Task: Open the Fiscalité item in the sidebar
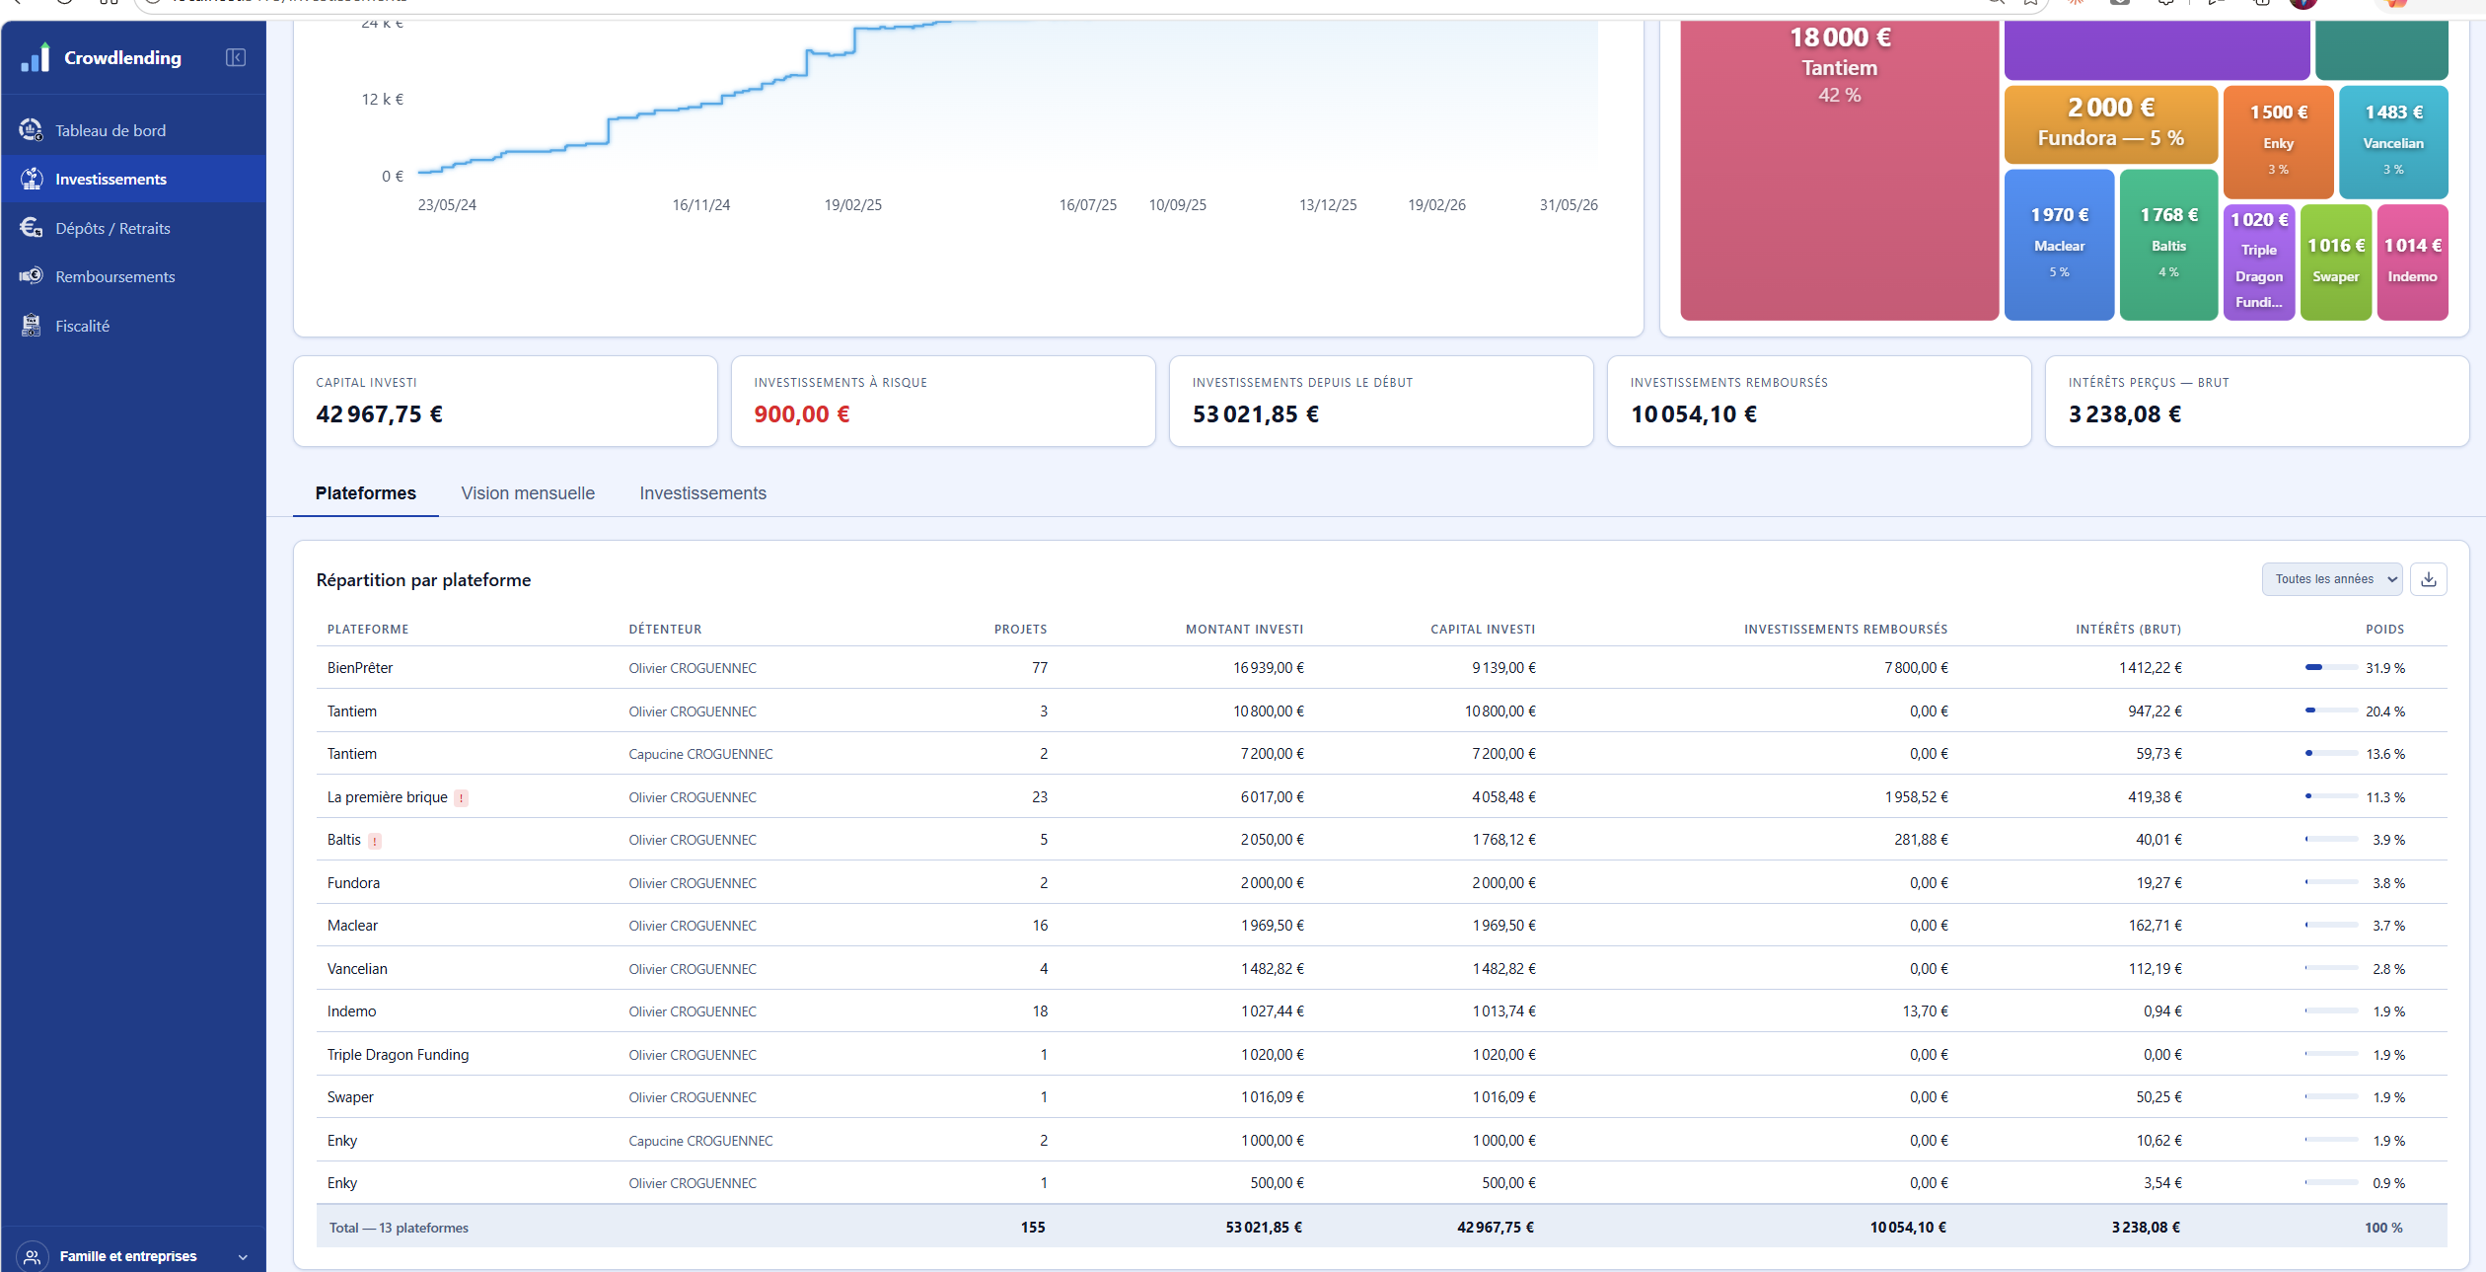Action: tap(82, 326)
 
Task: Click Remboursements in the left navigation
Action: tap(114, 276)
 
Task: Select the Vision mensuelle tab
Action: tap(528, 493)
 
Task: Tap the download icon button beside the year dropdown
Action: tap(2429, 579)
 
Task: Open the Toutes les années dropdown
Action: tap(2332, 579)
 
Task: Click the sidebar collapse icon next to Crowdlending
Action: tap(236, 58)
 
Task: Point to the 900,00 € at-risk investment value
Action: tap(802, 414)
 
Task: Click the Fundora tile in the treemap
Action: tap(2110, 124)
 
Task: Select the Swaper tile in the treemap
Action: tap(2335, 262)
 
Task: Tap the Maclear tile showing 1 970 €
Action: tap(2059, 245)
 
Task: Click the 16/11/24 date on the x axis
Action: tap(701, 205)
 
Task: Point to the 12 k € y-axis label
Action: tap(383, 100)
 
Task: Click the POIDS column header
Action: tap(2384, 630)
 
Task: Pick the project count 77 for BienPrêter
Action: tap(1040, 668)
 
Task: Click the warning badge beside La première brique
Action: tap(461, 798)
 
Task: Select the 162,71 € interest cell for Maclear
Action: tap(2155, 926)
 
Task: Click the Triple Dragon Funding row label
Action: tap(398, 1055)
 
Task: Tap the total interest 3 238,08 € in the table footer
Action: tap(2146, 1228)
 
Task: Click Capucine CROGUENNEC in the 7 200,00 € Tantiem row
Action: tap(700, 754)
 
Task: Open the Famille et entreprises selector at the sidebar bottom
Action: tap(133, 1256)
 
